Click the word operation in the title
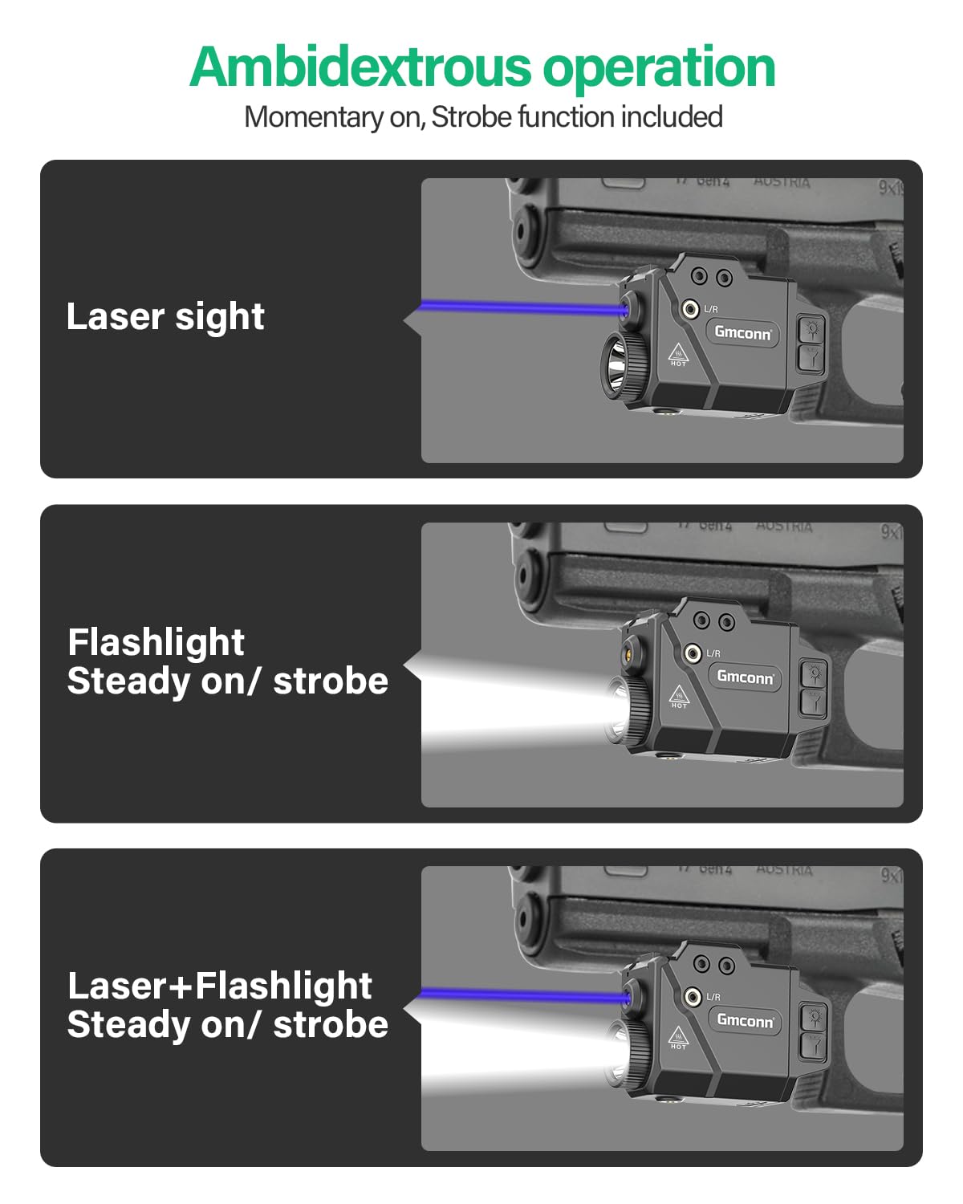point(659,68)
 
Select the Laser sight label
point(165,316)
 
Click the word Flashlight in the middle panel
point(156,642)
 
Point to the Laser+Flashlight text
point(220,986)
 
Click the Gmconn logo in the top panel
point(743,332)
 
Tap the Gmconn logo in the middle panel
point(745,677)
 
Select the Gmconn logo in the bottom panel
point(745,1020)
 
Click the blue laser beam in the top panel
point(522,307)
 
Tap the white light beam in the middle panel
point(514,706)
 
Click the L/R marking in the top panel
point(711,309)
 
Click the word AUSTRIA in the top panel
point(782,182)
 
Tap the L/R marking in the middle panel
point(713,654)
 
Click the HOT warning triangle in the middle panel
point(679,696)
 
